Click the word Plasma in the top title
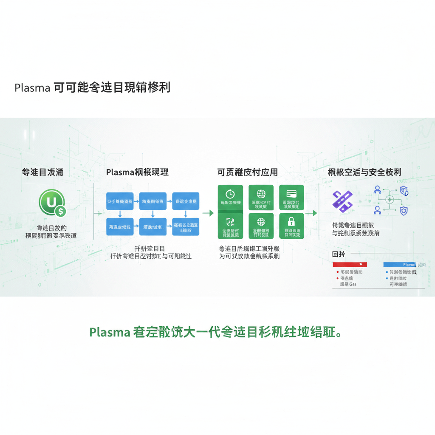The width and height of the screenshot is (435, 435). pos(32,88)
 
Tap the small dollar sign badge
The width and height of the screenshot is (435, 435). pos(60,210)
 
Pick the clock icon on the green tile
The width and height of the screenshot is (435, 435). pos(230,194)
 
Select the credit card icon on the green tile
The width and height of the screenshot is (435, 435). pos(291,193)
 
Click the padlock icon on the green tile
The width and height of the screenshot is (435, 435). pos(291,221)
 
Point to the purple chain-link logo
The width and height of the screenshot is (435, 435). pos(342,201)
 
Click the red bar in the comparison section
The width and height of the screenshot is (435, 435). pos(351,264)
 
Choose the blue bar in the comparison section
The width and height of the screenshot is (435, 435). pos(399,264)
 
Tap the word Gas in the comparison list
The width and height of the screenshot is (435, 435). pos(353,284)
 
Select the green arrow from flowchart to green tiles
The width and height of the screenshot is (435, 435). pos(208,213)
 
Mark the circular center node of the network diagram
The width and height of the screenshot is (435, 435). pos(390,200)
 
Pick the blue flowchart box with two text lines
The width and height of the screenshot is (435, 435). pos(185,226)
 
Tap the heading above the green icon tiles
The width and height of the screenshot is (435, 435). pos(247,172)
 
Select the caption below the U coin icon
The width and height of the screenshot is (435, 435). pos(51,232)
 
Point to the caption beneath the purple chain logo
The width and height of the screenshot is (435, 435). pos(356,229)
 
